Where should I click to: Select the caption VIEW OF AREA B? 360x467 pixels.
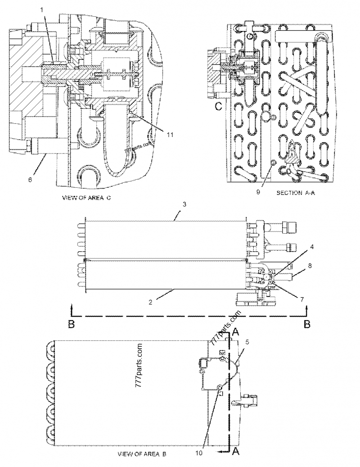[142, 454]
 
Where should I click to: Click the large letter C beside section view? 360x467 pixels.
[218, 106]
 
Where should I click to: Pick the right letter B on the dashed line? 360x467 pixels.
[307, 324]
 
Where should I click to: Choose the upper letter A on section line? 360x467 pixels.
[235, 332]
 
